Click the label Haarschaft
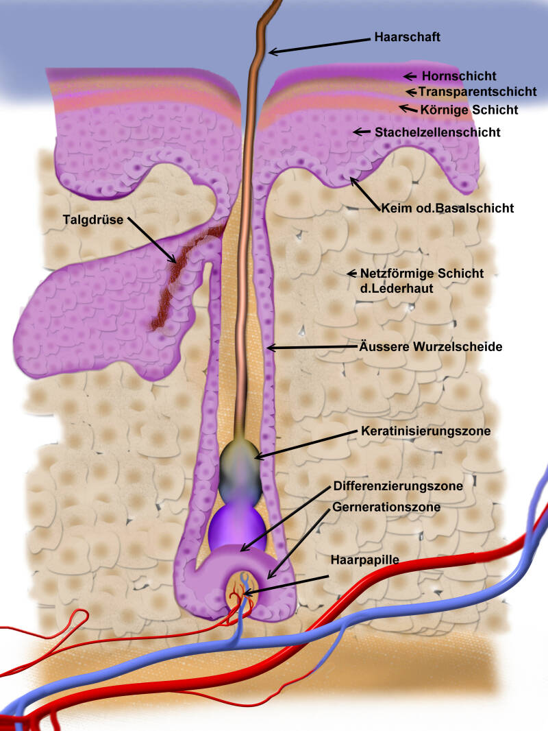[408, 37]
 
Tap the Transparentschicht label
[477, 91]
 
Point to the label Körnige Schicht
[469, 110]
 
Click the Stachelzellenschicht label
[437, 132]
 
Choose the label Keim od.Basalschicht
[447, 208]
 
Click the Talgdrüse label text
[93, 219]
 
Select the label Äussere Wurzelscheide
[431, 347]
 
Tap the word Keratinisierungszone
[425, 431]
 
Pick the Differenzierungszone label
[398, 486]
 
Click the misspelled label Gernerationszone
[386, 507]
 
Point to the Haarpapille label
[364, 560]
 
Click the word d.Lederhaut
[397, 289]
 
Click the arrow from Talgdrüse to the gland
[152, 240]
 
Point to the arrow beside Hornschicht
[410, 76]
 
